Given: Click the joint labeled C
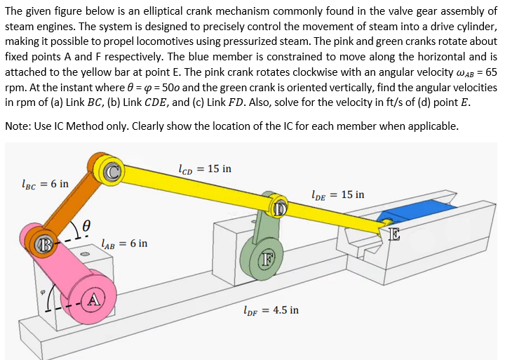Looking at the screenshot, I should pyautogui.click(x=112, y=171).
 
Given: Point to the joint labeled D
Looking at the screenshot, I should pyautogui.click(x=279, y=207).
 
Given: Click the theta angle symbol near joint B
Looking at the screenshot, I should pyautogui.click(x=86, y=225).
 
